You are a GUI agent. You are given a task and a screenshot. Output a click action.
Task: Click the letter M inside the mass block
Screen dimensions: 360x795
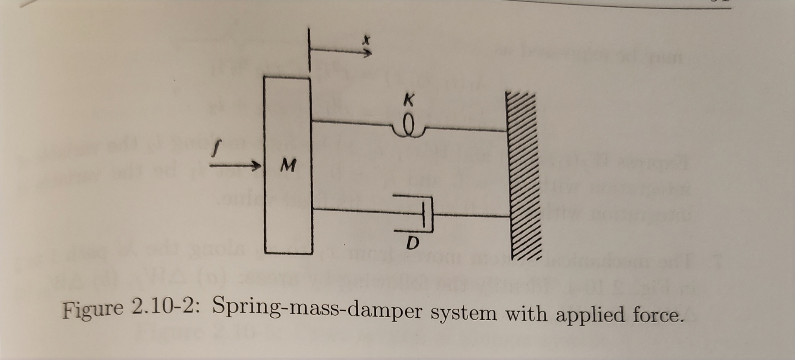(287, 167)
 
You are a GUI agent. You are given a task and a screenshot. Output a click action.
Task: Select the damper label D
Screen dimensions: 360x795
(413, 242)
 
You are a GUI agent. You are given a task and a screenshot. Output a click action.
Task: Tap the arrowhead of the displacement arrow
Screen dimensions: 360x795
(367, 53)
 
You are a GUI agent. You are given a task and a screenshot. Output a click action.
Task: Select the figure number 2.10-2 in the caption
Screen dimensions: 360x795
(165, 309)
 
